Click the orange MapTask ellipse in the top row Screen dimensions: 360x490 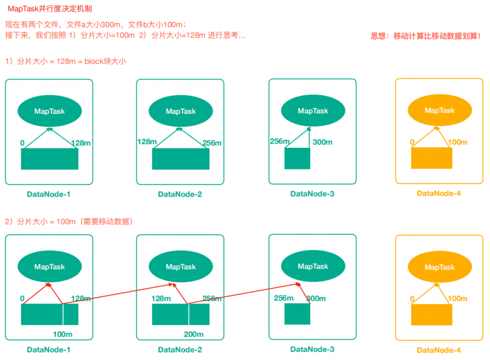(x=439, y=110)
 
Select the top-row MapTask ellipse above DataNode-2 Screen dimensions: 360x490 (x=180, y=111)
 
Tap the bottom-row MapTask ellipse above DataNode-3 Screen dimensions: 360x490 (x=312, y=266)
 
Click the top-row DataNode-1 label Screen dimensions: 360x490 (x=49, y=194)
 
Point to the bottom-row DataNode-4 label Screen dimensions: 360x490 (x=439, y=350)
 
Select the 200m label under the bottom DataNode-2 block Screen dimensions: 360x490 (x=194, y=335)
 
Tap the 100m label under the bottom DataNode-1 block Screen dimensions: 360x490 (x=62, y=335)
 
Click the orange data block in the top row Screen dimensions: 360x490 (x=431, y=157)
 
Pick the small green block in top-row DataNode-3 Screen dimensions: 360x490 (x=297, y=159)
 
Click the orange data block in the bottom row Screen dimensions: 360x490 (x=431, y=314)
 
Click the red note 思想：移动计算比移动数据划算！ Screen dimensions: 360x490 (x=425, y=36)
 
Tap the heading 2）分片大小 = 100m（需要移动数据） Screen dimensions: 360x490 (x=69, y=222)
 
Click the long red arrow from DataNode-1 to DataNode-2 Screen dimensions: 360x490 (x=115, y=294)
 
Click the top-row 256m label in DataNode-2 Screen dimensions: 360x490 (x=212, y=143)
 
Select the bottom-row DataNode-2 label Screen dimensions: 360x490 (x=180, y=350)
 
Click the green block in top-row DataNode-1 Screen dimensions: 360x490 (x=50, y=159)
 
